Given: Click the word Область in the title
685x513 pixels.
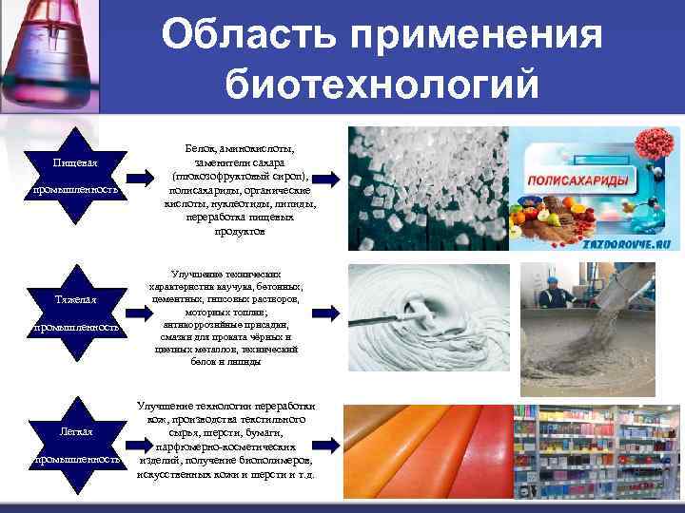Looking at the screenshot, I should tap(248, 37).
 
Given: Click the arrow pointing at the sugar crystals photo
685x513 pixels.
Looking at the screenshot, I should tap(326, 177).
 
